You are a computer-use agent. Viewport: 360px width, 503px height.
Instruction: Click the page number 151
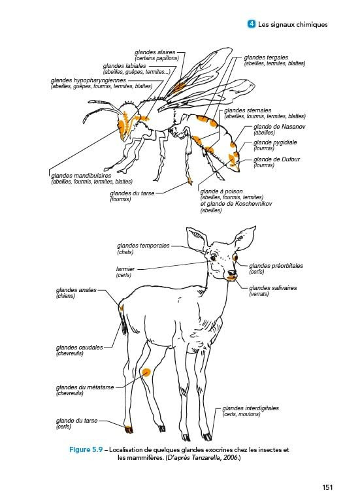pos(327,487)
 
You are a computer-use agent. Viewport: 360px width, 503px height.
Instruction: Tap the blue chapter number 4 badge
pos(252,24)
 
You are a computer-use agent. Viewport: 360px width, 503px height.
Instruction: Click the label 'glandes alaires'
pos(155,52)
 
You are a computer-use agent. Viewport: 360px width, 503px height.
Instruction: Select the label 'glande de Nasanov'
pos(279,127)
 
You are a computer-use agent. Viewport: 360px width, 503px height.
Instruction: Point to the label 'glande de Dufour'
pos(276,159)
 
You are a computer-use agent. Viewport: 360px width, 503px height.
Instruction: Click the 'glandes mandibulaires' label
pos(81,176)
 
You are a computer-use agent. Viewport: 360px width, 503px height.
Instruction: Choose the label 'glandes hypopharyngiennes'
pos(88,80)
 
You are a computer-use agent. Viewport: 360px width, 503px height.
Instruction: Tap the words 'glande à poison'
pos(221,191)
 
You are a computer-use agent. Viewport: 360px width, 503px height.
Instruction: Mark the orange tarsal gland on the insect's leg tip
pos(190,182)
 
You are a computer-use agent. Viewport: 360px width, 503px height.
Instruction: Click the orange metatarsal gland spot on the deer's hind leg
pos(146,372)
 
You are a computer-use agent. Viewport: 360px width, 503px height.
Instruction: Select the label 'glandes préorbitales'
pos(276,266)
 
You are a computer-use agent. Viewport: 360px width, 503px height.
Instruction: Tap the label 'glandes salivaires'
pos(273,288)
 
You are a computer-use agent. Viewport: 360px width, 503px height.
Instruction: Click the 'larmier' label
pos(125,269)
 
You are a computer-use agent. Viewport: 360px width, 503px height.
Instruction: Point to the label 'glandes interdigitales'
pos(251,408)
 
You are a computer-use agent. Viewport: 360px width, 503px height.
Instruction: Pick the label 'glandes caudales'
pos(79,348)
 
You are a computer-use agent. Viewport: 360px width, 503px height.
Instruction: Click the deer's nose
pos(232,273)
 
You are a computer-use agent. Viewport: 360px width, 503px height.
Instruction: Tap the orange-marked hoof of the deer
pos(129,429)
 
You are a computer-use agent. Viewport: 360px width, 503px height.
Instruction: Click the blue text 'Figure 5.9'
pos(86,449)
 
